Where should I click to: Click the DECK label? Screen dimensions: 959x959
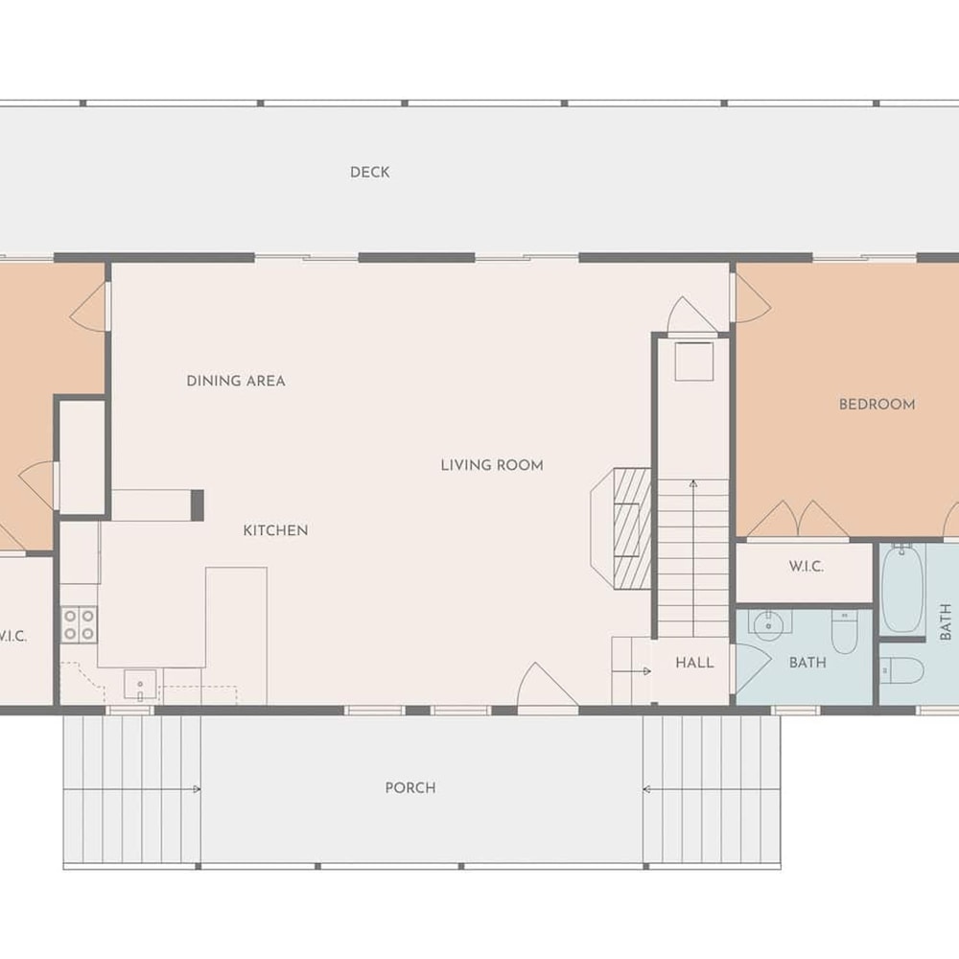point(369,173)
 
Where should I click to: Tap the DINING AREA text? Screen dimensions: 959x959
point(236,381)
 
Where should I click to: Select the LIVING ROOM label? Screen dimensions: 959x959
point(492,465)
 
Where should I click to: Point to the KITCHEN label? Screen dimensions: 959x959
point(276,530)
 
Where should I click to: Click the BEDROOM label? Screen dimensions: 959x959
point(877,405)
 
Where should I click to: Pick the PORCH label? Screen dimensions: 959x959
point(410,787)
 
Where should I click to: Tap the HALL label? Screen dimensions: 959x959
point(694,663)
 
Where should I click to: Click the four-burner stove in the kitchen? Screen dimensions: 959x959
point(79,624)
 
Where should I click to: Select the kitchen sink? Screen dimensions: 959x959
point(140,685)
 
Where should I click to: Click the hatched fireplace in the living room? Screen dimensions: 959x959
point(632,527)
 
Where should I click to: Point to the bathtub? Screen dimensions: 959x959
point(902,588)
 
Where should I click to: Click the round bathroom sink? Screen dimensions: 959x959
point(769,625)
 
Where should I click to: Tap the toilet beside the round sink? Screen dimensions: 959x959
point(845,632)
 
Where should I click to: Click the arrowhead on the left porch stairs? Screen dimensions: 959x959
point(197,789)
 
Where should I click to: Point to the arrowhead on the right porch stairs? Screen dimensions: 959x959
point(646,789)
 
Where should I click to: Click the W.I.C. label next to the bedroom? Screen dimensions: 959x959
point(807,567)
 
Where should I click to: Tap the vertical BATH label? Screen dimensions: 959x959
point(946,621)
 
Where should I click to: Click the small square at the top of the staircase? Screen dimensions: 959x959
point(694,362)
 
